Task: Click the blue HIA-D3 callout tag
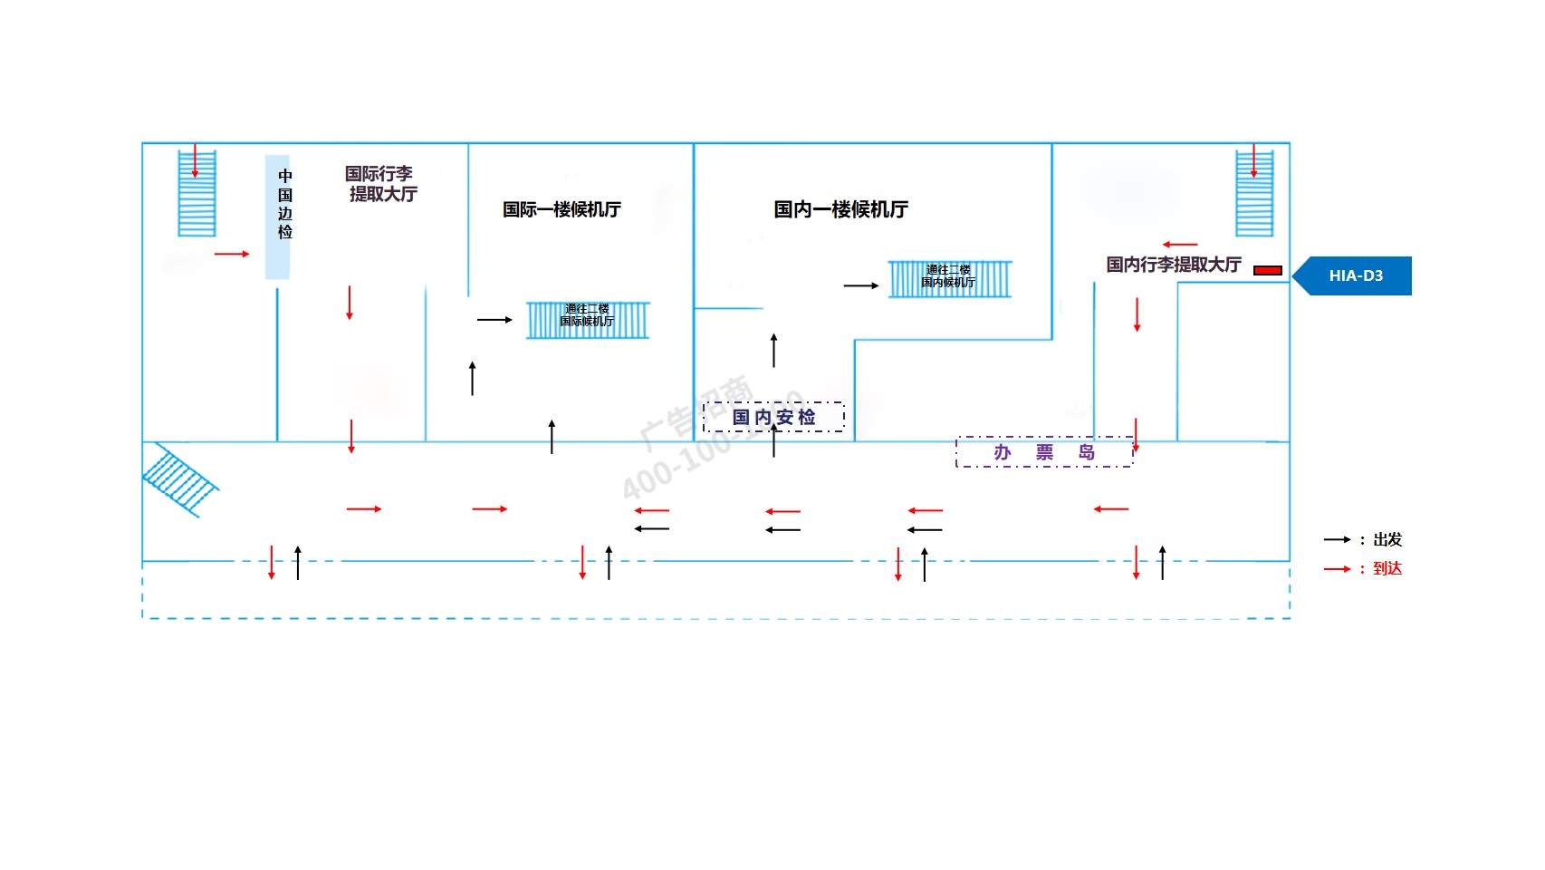click(x=1354, y=275)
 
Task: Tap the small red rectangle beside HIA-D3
click(x=1267, y=270)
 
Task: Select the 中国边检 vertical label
click(x=284, y=205)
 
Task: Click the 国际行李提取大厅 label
click(x=381, y=184)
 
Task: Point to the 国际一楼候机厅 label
click(x=561, y=209)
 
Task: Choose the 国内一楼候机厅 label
click(x=840, y=209)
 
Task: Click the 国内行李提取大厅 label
click(x=1173, y=265)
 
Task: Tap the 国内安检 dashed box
click(x=773, y=417)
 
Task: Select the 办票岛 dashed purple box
click(x=1044, y=452)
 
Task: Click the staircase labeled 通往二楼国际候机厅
click(x=588, y=320)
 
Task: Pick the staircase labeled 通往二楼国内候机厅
click(x=949, y=279)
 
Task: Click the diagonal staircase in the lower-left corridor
click(x=179, y=480)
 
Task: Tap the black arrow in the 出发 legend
click(x=1337, y=539)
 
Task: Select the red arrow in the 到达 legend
click(x=1337, y=569)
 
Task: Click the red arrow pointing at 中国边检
click(x=232, y=254)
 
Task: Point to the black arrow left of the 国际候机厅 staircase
click(x=494, y=320)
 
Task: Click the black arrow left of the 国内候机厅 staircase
click(x=860, y=285)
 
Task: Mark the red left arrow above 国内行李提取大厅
click(x=1180, y=245)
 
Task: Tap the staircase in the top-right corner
click(x=1254, y=193)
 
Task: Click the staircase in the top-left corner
click(x=197, y=193)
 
